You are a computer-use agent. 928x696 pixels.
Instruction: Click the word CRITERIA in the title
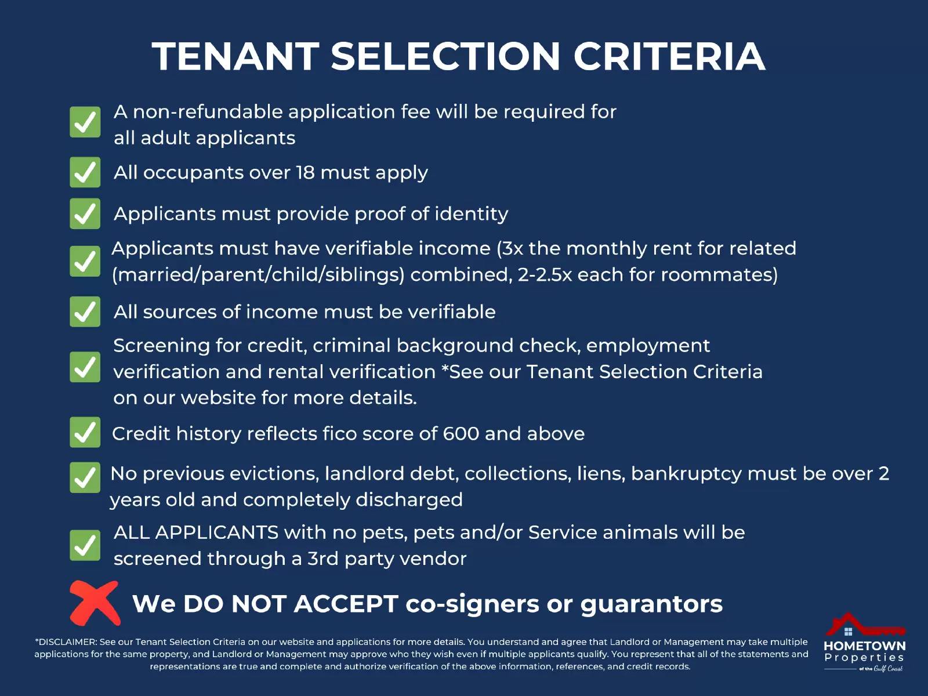tap(669, 56)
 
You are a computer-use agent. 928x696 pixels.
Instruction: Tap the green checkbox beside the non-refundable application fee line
tap(85, 122)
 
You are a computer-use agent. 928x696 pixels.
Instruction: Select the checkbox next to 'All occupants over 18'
tap(85, 172)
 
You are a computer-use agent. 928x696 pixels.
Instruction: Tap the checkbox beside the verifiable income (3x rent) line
tap(85, 261)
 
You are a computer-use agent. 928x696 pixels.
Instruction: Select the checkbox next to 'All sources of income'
tap(85, 311)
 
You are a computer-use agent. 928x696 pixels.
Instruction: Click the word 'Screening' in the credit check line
tap(161, 346)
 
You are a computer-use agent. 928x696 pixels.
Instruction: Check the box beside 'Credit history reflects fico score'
tap(85, 432)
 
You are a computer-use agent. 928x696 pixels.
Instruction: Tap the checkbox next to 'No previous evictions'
tap(85, 477)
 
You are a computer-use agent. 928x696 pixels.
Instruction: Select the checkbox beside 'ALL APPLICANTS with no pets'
tap(85, 545)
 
